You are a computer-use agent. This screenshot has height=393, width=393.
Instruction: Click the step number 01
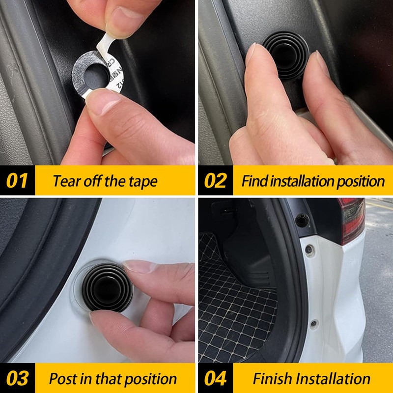[x=17, y=181]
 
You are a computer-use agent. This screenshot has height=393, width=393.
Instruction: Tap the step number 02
[x=215, y=181]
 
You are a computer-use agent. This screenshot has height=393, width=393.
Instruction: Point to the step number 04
[x=215, y=379]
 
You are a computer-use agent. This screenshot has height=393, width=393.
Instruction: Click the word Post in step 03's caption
[x=63, y=379]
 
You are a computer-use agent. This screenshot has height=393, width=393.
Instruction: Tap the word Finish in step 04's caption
[x=273, y=379]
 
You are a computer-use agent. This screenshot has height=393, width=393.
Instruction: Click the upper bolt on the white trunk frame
[x=309, y=250]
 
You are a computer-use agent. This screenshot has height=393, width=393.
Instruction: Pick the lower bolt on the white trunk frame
[x=314, y=323]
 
